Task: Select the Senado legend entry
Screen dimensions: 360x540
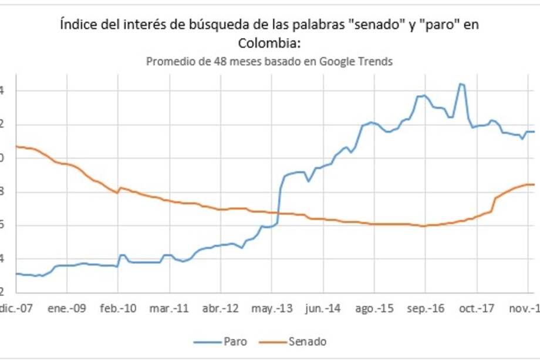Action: click(x=308, y=341)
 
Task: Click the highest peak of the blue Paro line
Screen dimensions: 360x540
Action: click(x=461, y=84)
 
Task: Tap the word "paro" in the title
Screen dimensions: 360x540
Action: click(x=443, y=25)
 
